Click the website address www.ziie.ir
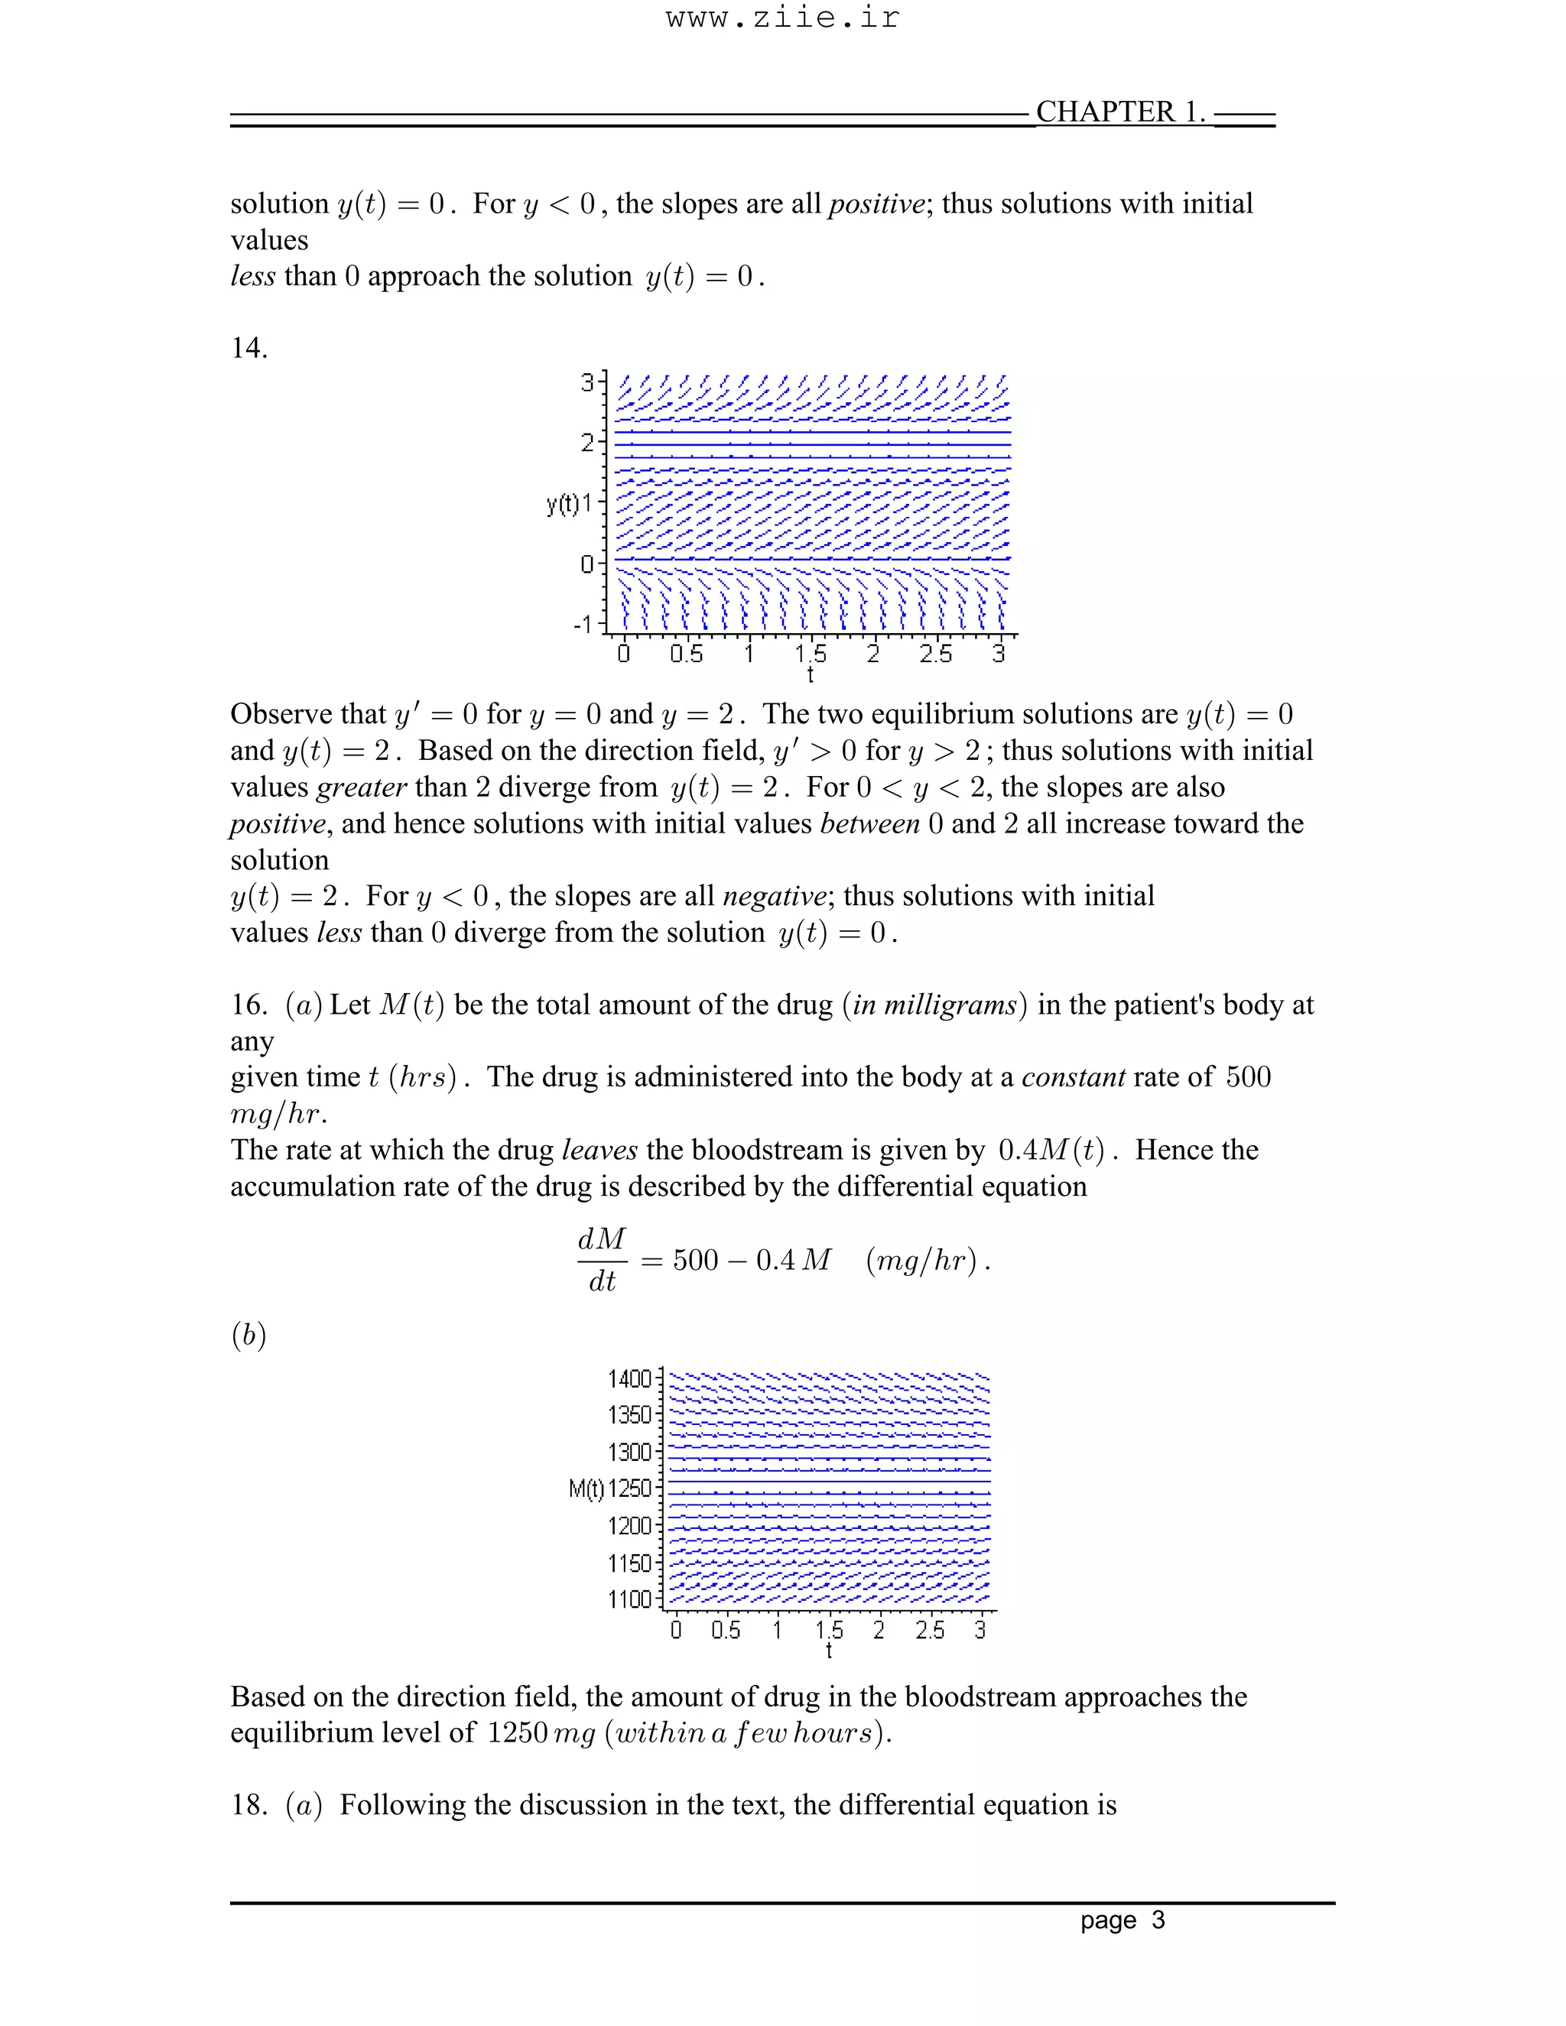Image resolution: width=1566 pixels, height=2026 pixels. pos(782,18)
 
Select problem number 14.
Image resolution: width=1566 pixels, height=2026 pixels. pos(248,349)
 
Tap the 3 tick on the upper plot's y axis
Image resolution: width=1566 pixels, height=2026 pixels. pos(587,382)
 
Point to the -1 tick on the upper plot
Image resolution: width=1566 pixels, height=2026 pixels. pos(583,625)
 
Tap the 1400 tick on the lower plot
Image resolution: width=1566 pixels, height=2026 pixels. pos(630,1379)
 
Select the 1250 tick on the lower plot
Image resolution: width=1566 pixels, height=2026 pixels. pos(630,1489)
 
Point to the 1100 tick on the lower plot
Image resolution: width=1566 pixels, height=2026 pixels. pos(630,1599)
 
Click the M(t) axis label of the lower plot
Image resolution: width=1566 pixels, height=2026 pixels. pos(586,1489)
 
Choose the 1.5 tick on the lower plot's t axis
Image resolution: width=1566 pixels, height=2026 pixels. pos(828,1630)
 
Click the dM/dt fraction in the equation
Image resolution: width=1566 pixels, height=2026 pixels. pos(602,1260)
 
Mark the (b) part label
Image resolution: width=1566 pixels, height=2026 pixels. pos(248,1335)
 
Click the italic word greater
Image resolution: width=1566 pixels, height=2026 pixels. pos(361,787)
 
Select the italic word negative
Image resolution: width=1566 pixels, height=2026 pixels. pos(774,896)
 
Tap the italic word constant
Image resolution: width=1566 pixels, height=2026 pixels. pos(1074,1077)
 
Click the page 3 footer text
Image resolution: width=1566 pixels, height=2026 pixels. pos(1122,1920)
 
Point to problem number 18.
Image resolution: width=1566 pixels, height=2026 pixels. pos(248,1805)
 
